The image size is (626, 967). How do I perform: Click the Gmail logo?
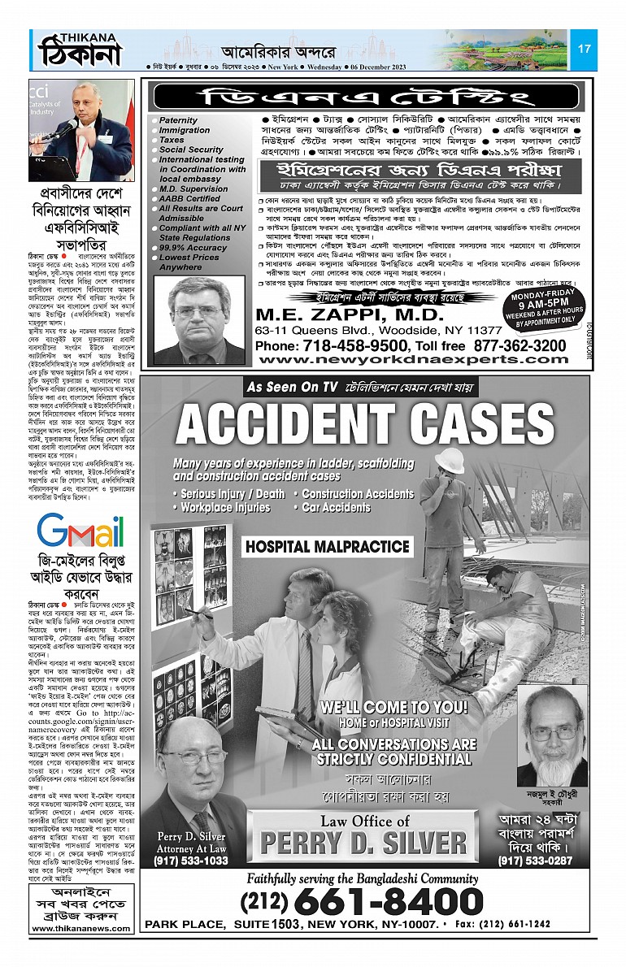80,532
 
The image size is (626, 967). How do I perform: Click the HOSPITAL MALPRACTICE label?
328,547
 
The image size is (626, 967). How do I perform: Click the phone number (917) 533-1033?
192,861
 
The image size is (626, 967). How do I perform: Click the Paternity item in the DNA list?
177,120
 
